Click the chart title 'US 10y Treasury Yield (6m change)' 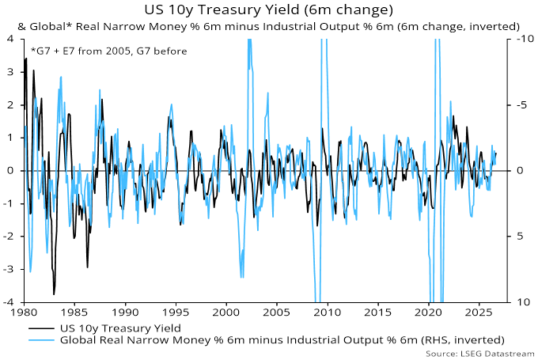[269, 10]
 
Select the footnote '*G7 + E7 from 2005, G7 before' [109, 51]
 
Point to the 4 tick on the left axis [10, 39]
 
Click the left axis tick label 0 [10, 171]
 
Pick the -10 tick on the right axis [525, 39]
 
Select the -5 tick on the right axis [522, 104]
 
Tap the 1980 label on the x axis [25, 313]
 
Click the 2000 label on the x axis [226, 313]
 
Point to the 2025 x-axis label [479, 313]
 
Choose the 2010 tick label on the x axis [328, 313]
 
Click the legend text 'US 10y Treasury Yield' [120, 328]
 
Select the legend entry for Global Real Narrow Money [282, 340]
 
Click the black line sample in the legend [41, 329]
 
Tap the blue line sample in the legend [41, 340]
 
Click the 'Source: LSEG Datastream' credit [480, 354]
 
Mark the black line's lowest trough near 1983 [54, 294]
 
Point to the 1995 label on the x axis [176, 313]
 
